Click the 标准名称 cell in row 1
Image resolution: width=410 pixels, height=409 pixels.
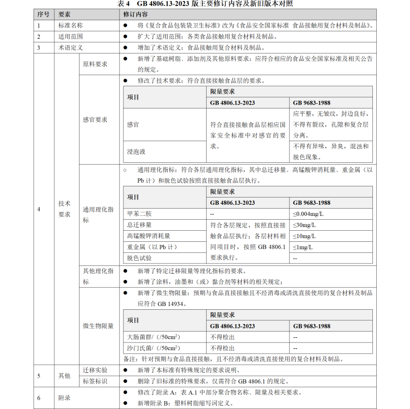click(x=70, y=25)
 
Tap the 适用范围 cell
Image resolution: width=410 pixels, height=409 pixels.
click(x=70, y=36)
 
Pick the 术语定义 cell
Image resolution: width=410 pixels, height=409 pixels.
click(x=70, y=47)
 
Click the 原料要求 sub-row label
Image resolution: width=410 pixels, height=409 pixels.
click(x=95, y=64)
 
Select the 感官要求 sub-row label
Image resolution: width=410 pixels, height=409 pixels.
click(x=95, y=119)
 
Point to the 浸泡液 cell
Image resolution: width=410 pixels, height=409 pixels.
click(x=136, y=151)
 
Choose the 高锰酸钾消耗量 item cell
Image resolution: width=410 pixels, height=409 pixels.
click(x=148, y=236)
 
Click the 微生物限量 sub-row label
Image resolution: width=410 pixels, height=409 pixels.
click(x=98, y=326)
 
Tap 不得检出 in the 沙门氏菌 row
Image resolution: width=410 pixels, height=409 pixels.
click(x=223, y=348)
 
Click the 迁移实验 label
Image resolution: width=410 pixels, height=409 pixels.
click(x=95, y=370)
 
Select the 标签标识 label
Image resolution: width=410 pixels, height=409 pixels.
click(x=95, y=381)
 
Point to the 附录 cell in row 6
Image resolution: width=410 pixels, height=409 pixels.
click(x=65, y=397)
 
